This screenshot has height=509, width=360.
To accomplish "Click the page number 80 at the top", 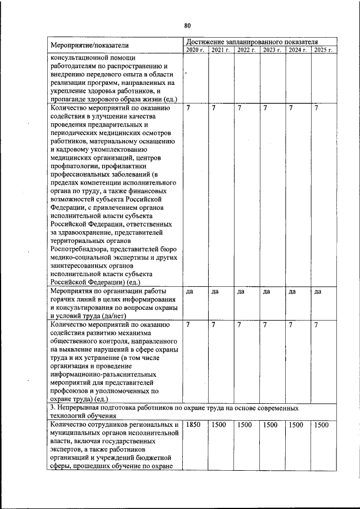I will pos(187,25).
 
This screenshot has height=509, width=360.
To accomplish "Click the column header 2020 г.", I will pos(195,50).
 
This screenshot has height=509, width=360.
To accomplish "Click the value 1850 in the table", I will pos(192,425).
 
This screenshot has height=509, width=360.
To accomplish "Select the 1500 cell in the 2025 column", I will pos(321,425).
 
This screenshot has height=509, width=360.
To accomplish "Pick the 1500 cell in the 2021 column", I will pos(218,425).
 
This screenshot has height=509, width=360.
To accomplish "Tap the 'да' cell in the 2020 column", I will pos(190,291).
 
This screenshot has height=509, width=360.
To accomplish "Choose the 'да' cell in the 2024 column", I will pos(291,291).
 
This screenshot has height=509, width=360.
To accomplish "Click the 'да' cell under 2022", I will pos(241,291).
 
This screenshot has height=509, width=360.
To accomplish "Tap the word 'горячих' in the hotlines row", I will pos(64,299).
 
